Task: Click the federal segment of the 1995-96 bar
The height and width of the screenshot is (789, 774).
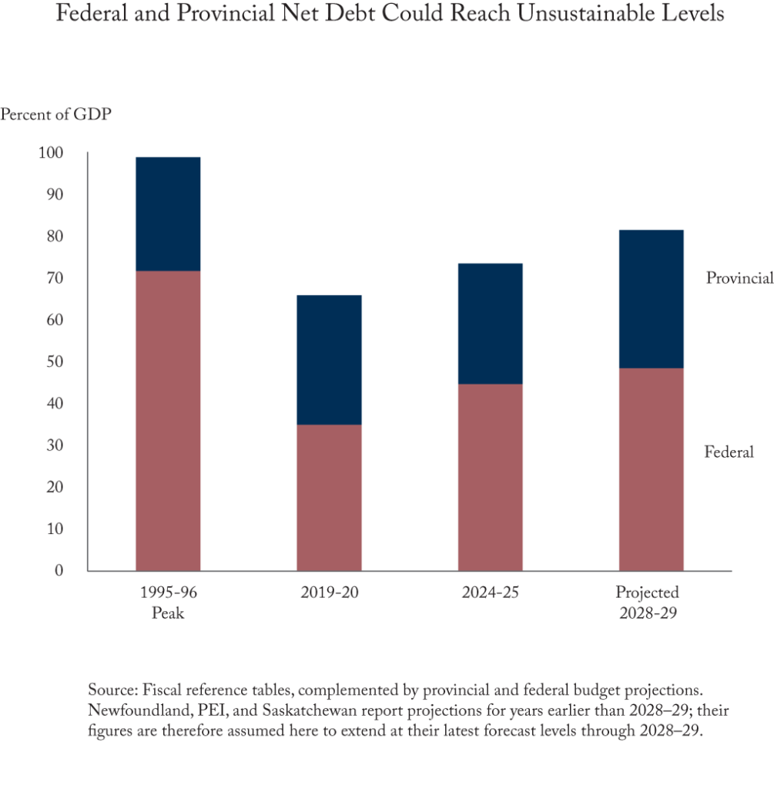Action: [x=168, y=421]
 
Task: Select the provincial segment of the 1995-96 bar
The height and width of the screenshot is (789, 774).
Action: [x=168, y=213]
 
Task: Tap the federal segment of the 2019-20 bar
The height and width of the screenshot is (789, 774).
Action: [x=329, y=498]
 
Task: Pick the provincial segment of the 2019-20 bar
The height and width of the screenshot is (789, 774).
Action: [x=329, y=359]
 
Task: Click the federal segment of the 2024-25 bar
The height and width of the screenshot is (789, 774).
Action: [x=490, y=477]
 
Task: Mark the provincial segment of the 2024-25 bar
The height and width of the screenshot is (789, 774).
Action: [x=490, y=323]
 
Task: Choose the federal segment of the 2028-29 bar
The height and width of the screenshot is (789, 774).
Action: [x=651, y=469]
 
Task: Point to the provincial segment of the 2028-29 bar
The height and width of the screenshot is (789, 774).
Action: [x=651, y=298]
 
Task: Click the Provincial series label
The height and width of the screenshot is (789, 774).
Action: [x=739, y=278]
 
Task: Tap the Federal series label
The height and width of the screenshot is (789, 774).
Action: [x=729, y=452]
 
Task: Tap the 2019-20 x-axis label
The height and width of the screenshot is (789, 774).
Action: [x=330, y=593]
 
